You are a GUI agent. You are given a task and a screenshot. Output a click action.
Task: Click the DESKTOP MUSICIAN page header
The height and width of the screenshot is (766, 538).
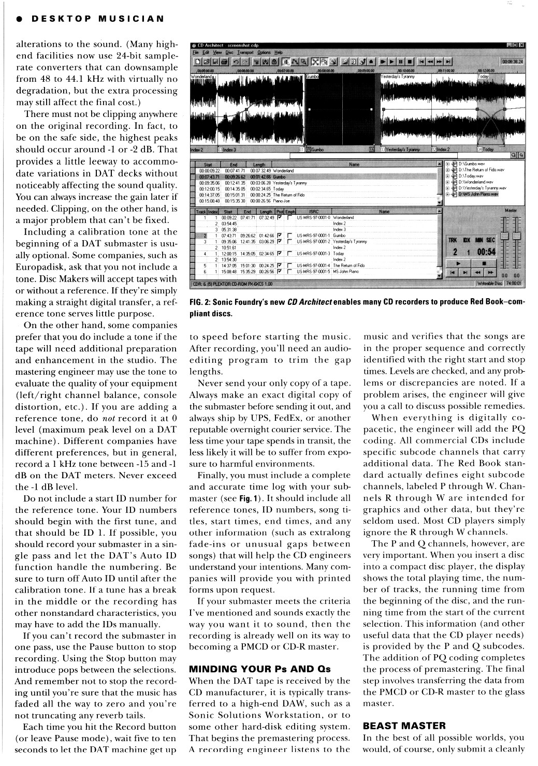[x=97, y=19]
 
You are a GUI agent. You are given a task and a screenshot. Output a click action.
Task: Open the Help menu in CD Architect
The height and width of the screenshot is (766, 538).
[x=279, y=52]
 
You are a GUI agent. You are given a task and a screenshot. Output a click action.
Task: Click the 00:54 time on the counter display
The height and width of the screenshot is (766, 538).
[x=486, y=252]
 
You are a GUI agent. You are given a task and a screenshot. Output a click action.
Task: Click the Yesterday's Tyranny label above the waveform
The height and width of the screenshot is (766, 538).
[x=399, y=76]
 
